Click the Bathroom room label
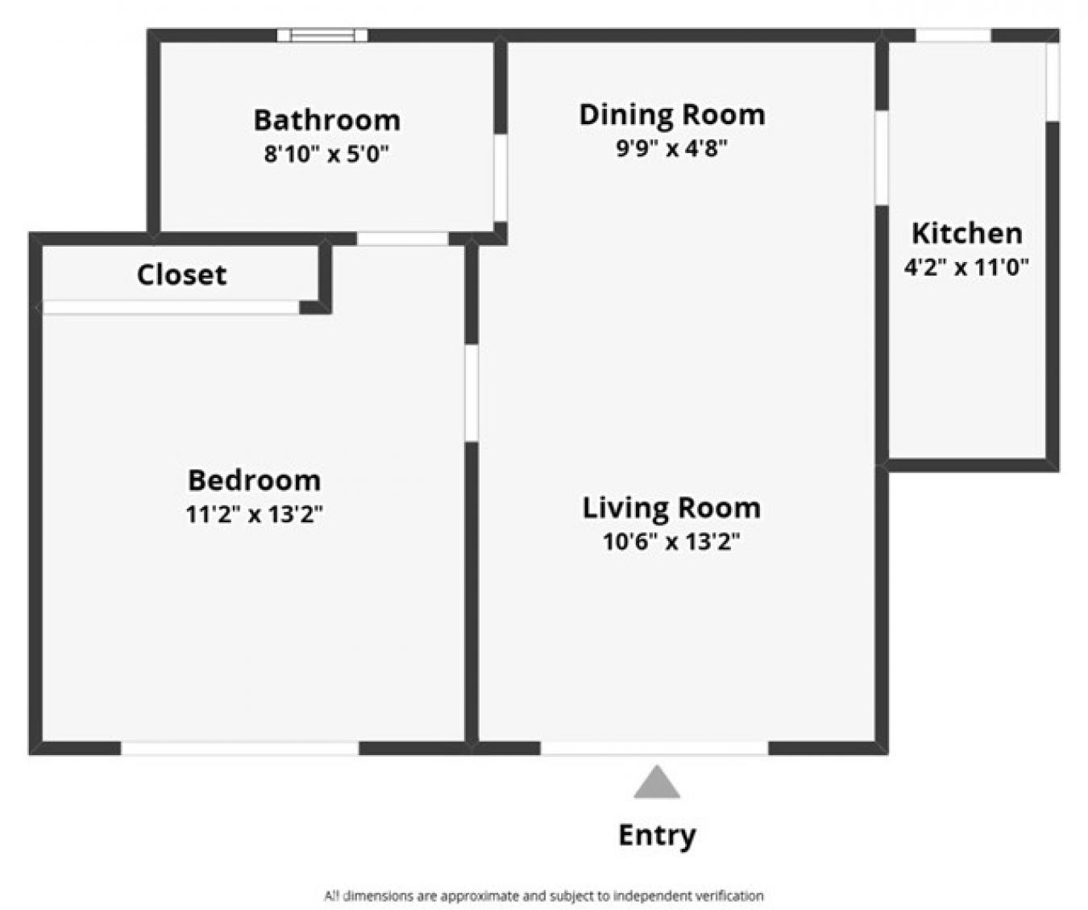326,120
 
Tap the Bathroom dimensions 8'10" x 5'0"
326,153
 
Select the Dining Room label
671,114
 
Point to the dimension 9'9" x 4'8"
671,148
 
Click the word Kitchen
966,233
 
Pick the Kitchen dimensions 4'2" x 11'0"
966,267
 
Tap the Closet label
181,275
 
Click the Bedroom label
254,480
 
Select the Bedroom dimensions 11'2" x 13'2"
254,514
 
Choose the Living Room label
671,508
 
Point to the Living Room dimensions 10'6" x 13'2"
671,542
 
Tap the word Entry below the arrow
657,835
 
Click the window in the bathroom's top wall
322,35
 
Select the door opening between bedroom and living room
471,393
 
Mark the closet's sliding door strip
171,307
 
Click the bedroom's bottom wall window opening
239,749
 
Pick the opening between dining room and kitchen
882,157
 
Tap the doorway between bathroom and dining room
500,177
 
